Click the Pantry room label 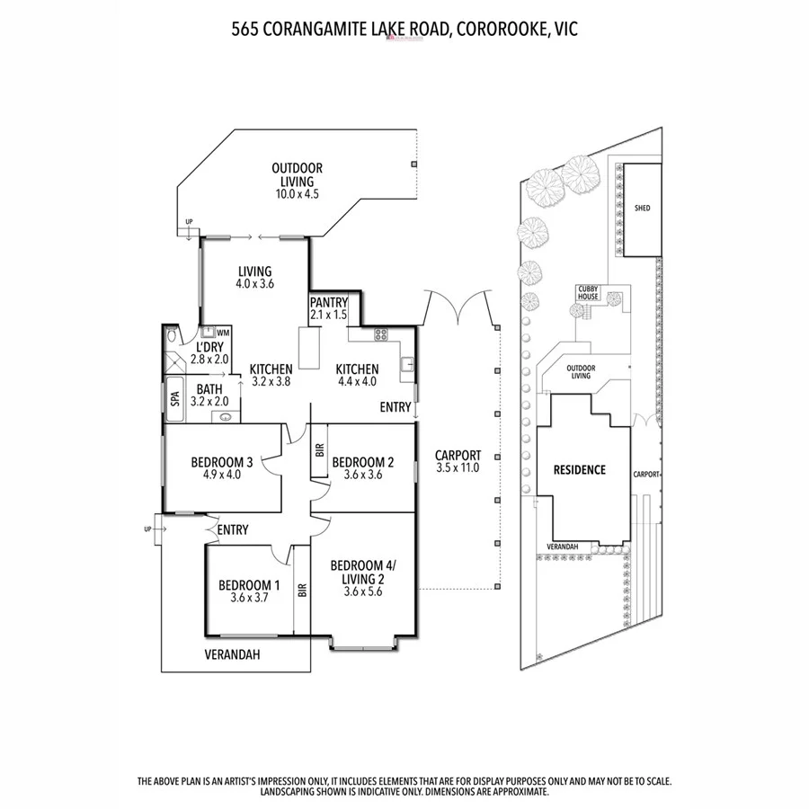click(329, 303)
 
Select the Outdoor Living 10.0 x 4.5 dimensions click(298, 193)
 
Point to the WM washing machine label click(222, 333)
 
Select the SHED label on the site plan click(642, 209)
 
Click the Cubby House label click(588, 293)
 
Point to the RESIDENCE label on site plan click(579, 470)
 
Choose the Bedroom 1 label click(249, 584)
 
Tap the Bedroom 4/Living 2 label click(362, 572)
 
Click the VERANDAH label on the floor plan click(232, 655)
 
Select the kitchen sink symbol click(407, 364)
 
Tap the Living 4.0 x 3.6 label click(254, 277)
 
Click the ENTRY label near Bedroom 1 click(233, 530)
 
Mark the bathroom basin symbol click(225, 416)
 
